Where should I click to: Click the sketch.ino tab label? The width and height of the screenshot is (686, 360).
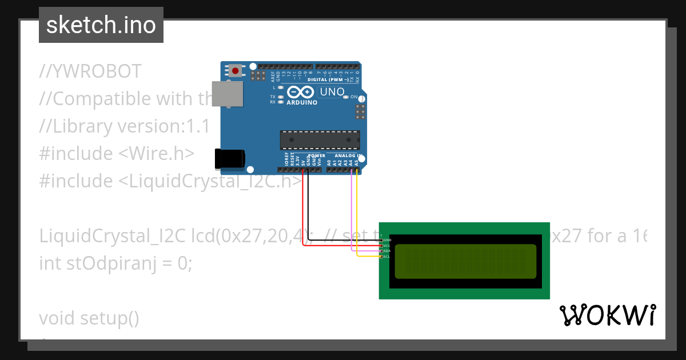tap(101, 25)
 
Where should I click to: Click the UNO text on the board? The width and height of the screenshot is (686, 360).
tap(332, 91)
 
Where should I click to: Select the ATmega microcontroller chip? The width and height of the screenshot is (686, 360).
tap(320, 140)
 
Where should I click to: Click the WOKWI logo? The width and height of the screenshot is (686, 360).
tap(607, 315)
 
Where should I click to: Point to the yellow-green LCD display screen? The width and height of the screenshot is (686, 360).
tap(465, 261)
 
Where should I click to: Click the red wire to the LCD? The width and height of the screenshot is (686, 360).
tap(303, 211)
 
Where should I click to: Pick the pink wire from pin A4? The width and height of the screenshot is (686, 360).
tap(352, 211)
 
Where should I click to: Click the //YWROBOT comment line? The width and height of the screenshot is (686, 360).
tap(90, 71)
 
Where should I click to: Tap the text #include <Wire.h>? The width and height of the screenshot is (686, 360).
tap(117, 154)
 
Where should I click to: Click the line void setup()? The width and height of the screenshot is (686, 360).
tap(89, 318)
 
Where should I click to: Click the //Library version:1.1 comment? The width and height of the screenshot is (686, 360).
tap(125, 126)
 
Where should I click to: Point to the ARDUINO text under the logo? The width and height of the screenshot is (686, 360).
tap(301, 103)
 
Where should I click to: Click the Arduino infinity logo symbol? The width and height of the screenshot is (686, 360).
tap(301, 92)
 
